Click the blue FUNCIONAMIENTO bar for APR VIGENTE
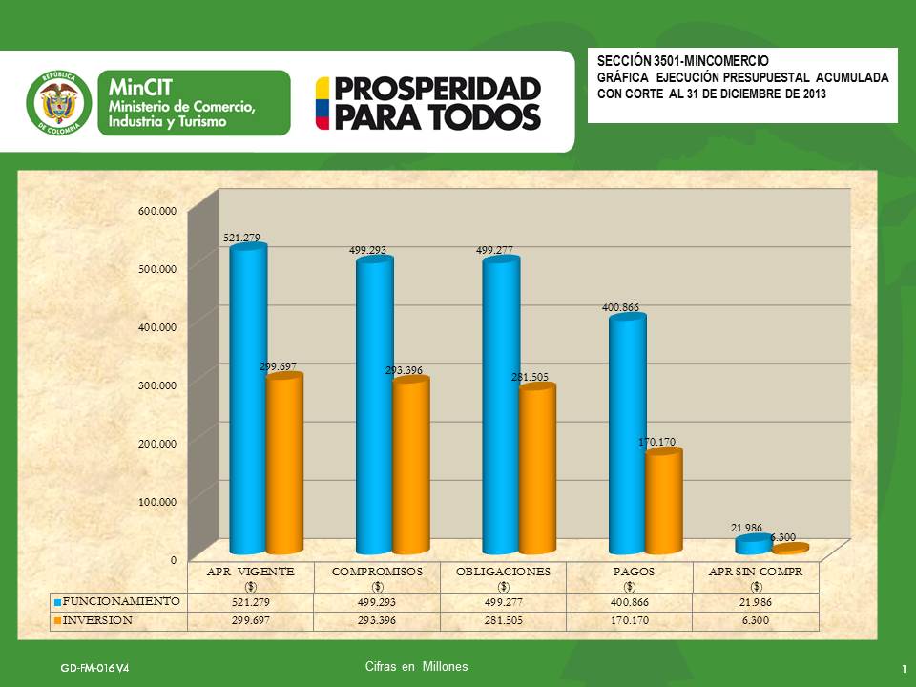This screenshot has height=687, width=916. point(248,401)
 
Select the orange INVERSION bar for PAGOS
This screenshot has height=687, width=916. point(663,503)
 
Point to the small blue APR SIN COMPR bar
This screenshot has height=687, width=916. point(752,545)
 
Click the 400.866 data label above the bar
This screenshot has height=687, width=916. point(620,308)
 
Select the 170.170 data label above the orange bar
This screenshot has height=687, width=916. point(656,443)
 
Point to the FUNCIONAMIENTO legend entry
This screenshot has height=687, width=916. point(117,602)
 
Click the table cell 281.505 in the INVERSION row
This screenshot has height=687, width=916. point(503,620)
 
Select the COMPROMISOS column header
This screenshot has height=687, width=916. point(378,571)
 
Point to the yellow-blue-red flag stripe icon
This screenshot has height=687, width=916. point(323,103)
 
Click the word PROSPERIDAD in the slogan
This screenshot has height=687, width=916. point(438,89)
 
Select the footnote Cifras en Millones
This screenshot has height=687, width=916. point(416,666)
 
